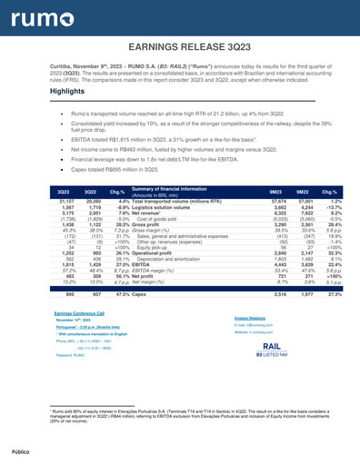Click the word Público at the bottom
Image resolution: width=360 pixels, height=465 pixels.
click(20, 448)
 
